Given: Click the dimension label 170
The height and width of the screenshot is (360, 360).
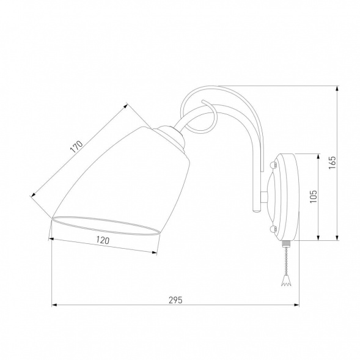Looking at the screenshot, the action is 76,147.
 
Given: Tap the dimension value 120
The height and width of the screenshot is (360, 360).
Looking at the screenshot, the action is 103,240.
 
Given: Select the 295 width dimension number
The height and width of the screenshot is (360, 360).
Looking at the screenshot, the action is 175,300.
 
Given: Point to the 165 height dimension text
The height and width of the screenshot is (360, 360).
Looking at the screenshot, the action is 332,163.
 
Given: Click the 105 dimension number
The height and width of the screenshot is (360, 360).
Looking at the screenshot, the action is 314,196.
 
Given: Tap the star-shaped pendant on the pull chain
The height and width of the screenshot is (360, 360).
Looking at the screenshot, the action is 286,281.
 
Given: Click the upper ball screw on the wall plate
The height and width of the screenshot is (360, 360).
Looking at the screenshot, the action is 273,164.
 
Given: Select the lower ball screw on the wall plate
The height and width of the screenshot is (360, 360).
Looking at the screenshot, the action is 273,229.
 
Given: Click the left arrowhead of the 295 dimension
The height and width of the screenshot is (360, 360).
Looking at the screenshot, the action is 54,305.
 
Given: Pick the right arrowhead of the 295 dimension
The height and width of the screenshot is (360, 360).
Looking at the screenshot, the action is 296,305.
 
